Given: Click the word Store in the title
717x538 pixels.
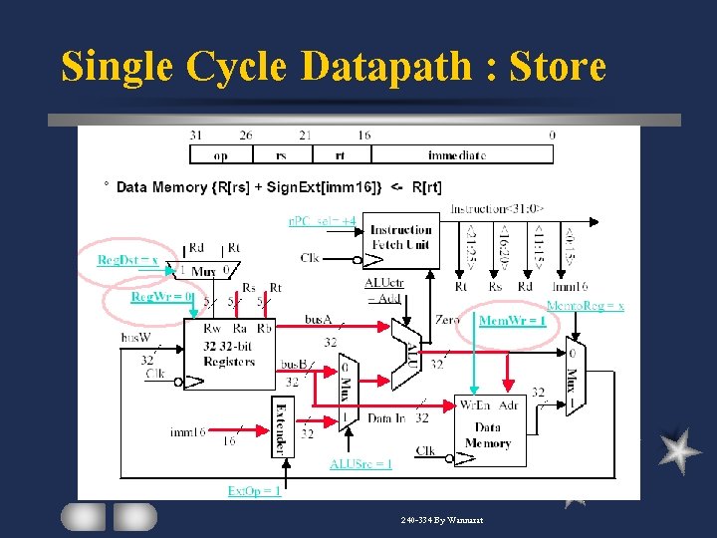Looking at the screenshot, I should click(558, 67).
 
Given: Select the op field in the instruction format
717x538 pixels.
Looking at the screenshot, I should click(220, 154).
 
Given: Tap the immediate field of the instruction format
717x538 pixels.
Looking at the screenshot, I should click(456, 154).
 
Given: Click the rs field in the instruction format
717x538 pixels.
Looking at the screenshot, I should click(282, 154).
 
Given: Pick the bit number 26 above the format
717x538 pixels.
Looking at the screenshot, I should click(245, 135).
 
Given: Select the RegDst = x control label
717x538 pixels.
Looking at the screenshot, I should click(127, 260).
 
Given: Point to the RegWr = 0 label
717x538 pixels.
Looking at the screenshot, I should click(161, 296).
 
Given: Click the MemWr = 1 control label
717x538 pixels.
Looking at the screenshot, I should click(512, 320).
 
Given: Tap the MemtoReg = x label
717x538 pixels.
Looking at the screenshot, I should click(586, 305).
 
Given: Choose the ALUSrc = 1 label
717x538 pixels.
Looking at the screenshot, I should click(360, 463).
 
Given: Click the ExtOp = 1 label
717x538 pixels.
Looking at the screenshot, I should click(255, 490).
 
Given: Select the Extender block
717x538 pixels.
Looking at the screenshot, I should click(282, 426).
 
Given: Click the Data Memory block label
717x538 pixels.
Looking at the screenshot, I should click(488, 435).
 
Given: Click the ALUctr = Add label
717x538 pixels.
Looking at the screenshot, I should click(384, 289).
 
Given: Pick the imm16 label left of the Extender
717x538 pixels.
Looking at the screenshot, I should click(187, 431).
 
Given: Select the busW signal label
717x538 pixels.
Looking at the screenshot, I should click(135, 338).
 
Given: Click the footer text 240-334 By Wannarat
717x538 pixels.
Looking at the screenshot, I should click(442, 520).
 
